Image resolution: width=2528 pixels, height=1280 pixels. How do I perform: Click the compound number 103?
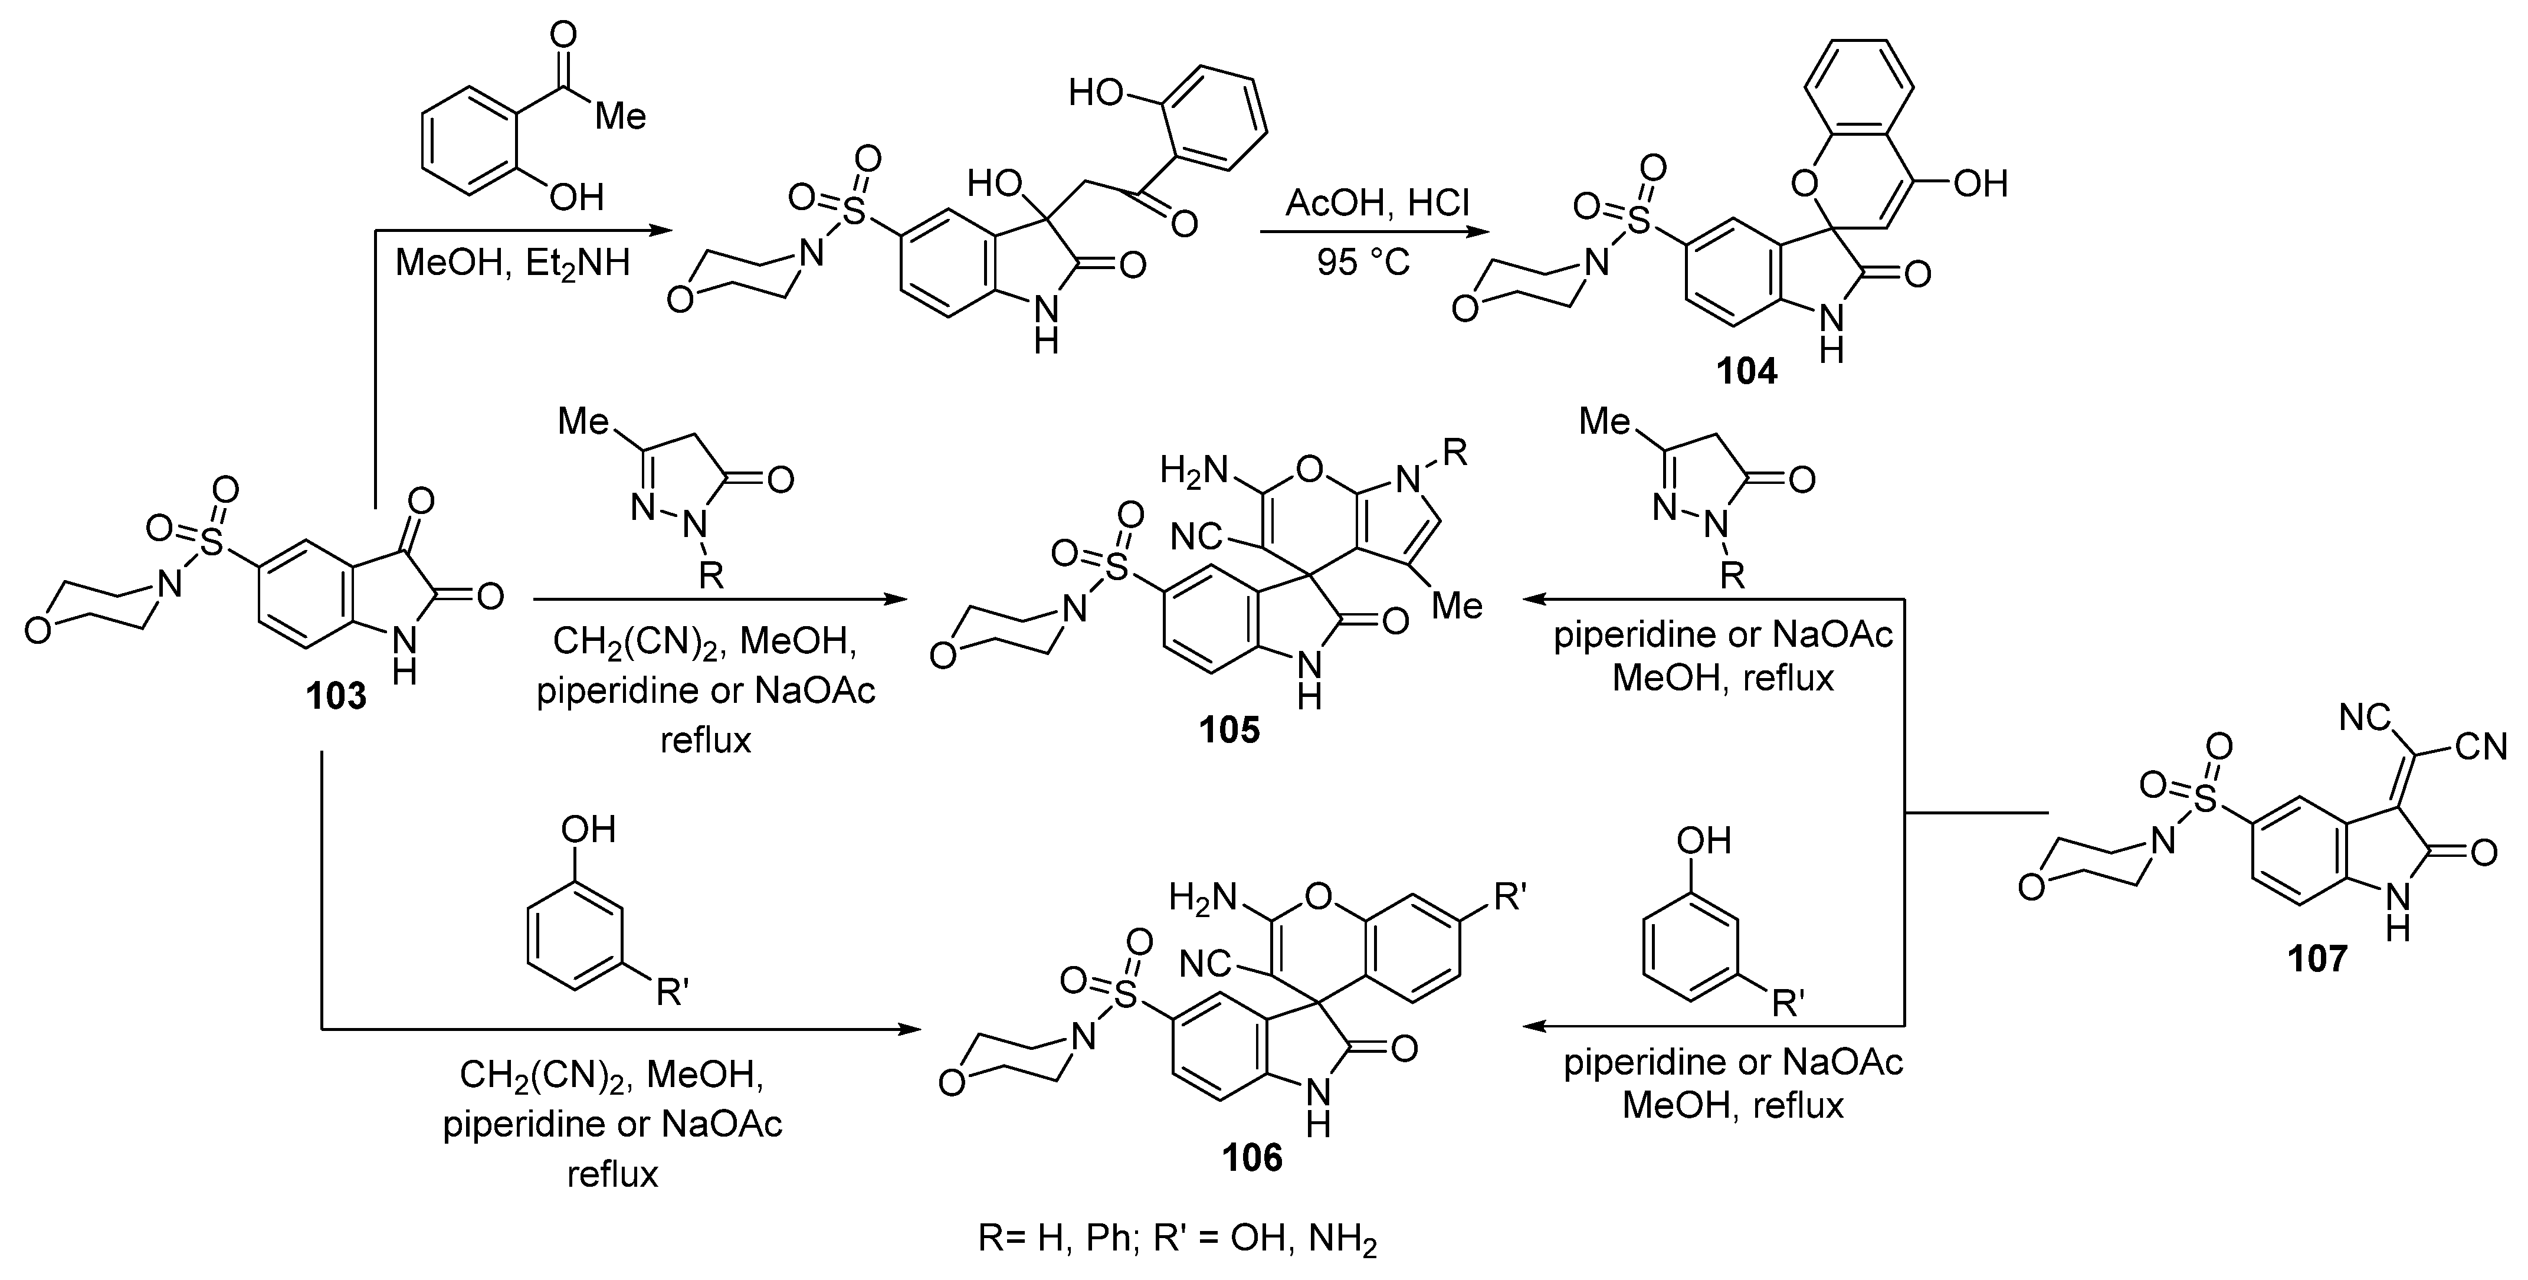[336, 696]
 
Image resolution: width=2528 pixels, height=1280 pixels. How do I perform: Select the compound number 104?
[1746, 371]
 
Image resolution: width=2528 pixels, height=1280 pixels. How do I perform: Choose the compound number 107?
[2317, 957]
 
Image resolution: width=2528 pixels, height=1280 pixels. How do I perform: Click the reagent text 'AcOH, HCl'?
[1378, 203]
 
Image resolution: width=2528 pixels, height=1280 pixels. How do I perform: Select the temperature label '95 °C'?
[1363, 262]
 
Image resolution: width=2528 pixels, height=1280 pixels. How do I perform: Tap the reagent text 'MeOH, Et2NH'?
[512, 264]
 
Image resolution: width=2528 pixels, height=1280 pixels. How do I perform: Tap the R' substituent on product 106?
[1509, 897]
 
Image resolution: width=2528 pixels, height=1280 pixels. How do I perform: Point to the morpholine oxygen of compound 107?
[2031, 888]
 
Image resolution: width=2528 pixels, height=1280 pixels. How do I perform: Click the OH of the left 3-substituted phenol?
[587, 830]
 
